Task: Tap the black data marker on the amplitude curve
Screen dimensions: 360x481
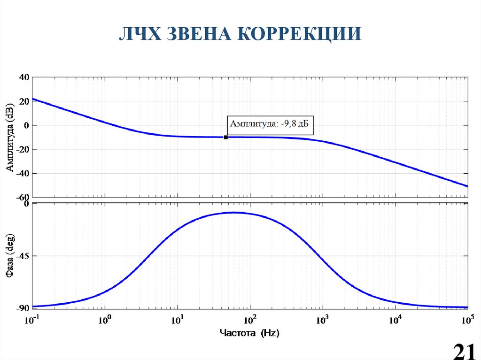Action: point(226,137)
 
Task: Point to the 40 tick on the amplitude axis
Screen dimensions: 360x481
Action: point(24,77)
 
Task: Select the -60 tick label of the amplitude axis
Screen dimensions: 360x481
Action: point(23,198)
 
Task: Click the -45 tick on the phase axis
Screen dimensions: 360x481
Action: point(22,256)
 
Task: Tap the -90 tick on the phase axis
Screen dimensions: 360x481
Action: point(22,308)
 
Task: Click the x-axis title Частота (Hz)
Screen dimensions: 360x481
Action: point(249,333)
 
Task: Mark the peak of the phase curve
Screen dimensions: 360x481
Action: point(233,212)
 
